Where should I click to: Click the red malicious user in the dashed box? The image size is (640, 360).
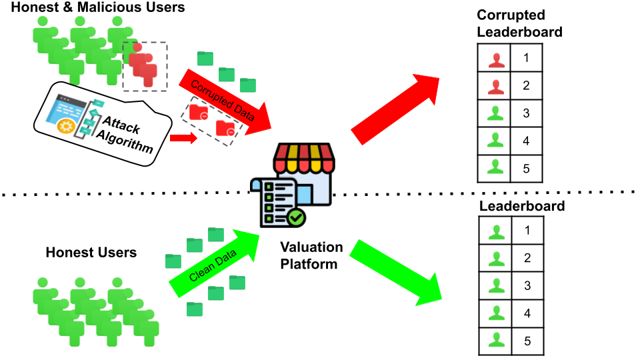pyautogui.click(x=143, y=65)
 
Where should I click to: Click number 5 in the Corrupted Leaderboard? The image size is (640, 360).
pyautogui.click(x=526, y=169)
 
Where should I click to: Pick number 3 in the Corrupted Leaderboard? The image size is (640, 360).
pyautogui.click(x=526, y=113)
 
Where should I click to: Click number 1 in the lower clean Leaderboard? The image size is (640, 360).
pyautogui.click(x=526, y=231)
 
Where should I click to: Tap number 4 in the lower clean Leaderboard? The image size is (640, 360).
pyautogui.click(x=526, y=313)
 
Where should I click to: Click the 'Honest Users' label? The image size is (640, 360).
pyautogui.click(x=91, y=253)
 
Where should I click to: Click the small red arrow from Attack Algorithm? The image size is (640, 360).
pyautogui.click(x=181, y=138)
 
